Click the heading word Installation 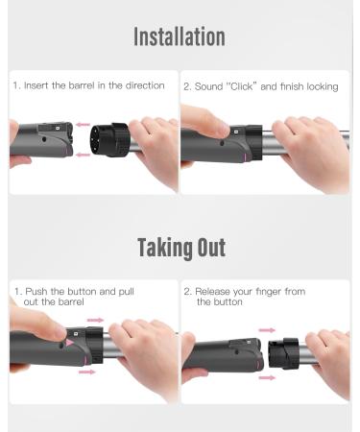coord(180,37)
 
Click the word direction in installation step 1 coord(145,86)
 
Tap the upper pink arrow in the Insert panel coord(84,124)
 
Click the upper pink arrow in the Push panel coord(95,320)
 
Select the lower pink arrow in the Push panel coord(87,371)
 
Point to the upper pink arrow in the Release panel coord(267,330)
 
